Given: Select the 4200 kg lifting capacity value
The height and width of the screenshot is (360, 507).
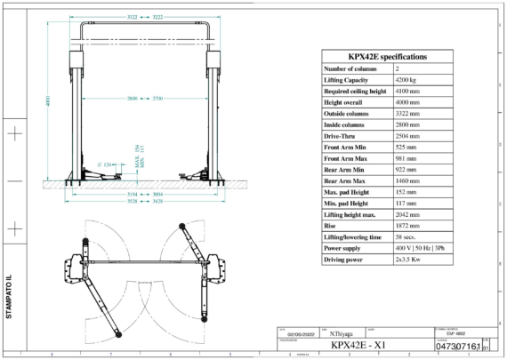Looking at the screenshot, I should (408, 80).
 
